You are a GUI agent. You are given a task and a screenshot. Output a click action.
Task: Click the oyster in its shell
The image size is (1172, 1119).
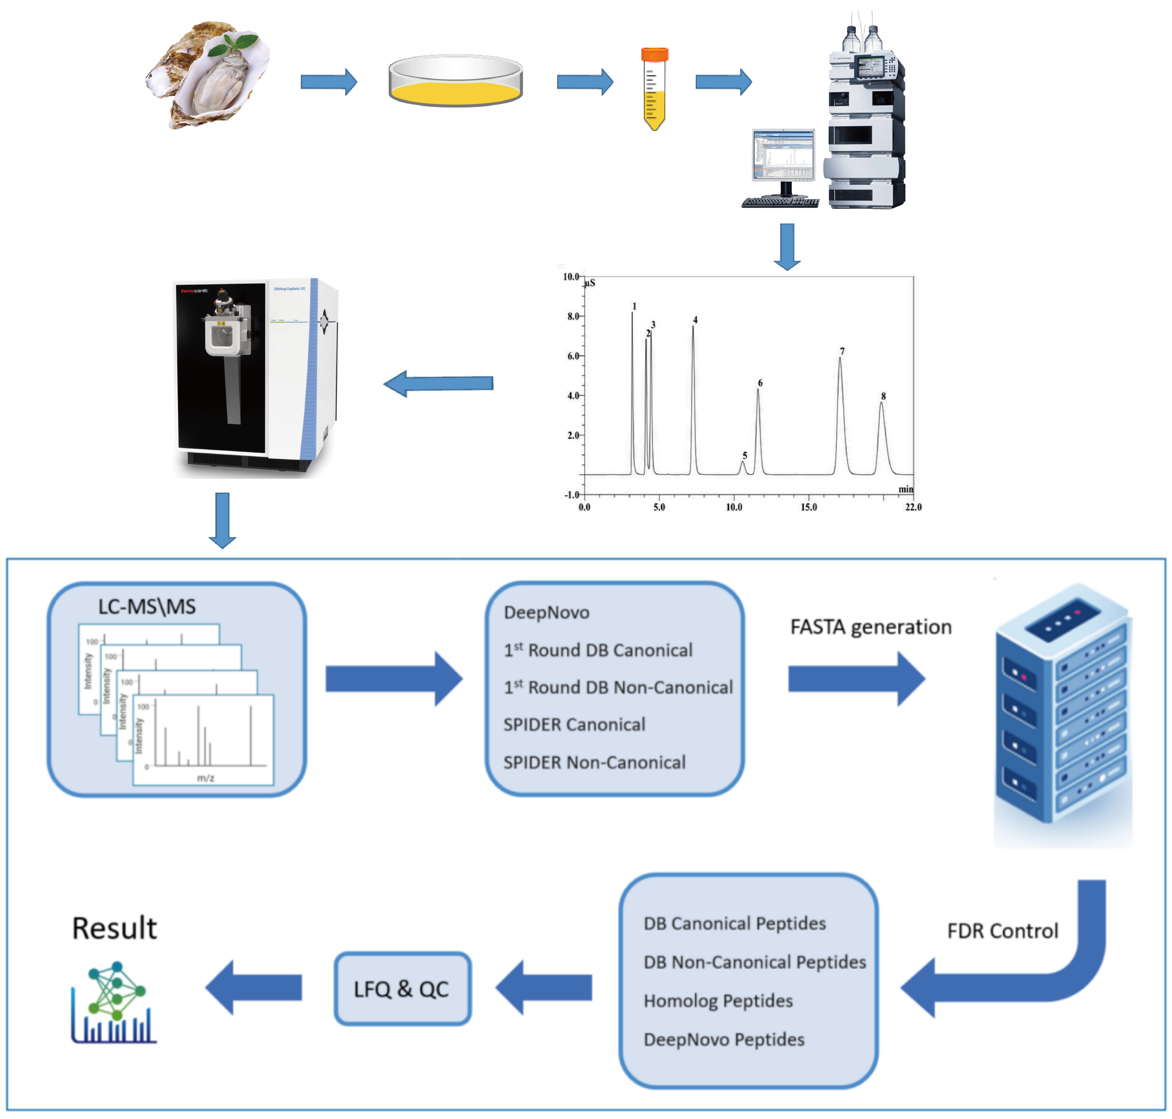click(x=209, y=75)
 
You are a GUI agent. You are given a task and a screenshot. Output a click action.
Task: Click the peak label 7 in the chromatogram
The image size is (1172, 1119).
click(x=842, y=351)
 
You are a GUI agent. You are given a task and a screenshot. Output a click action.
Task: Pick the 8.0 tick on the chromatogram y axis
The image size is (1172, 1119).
click(x=573, y=316)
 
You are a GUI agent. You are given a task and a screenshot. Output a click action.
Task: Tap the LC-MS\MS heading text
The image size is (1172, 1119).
click(x=147, y=607)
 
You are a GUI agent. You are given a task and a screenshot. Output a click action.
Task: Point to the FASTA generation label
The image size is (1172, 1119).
click(x=871, y=627)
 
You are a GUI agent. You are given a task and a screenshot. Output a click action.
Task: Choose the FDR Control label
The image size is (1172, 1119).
click(x=1002, y=931)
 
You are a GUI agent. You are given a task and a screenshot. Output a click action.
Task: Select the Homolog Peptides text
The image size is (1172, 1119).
click(x=718, y=1001)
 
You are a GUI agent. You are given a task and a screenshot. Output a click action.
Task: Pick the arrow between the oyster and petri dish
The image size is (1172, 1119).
click(x=328, y=82)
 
